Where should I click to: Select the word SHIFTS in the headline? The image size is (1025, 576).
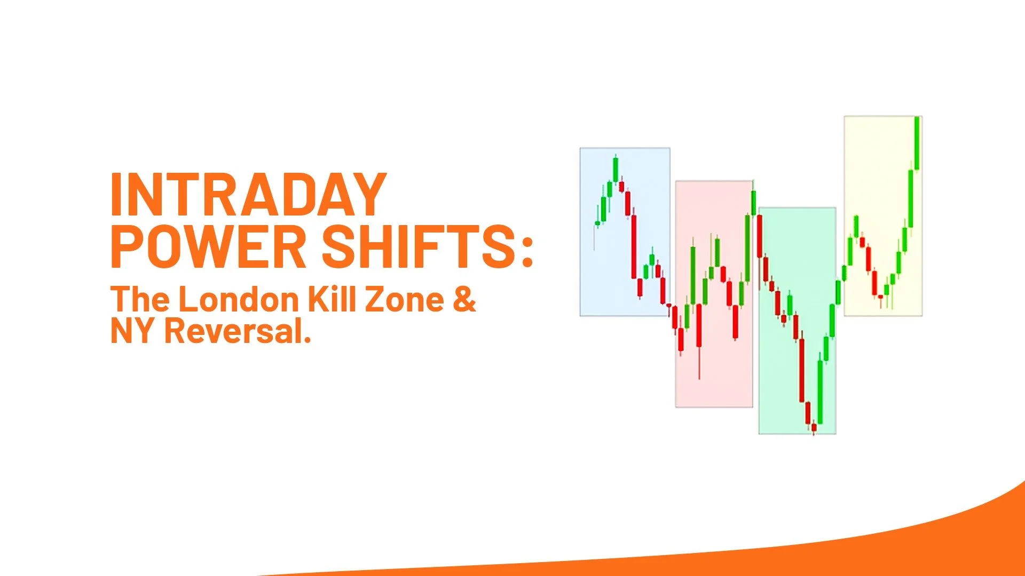click(418, 247)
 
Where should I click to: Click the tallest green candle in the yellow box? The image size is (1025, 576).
click(917, 143)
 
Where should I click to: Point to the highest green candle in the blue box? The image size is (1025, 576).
click(616, 170)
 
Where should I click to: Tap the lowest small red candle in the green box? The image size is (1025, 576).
click(814, 427)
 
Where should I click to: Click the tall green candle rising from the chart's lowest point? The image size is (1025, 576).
click(820, 392)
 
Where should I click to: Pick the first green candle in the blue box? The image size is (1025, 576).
click(597, 223)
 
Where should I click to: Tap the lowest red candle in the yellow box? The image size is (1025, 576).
click(880, 297)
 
